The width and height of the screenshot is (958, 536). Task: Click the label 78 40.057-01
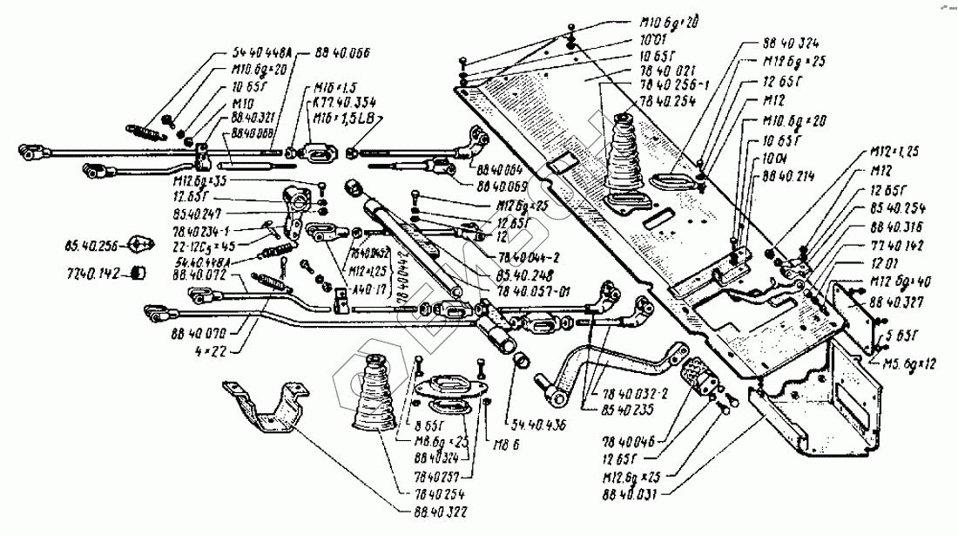coord(533,291)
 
